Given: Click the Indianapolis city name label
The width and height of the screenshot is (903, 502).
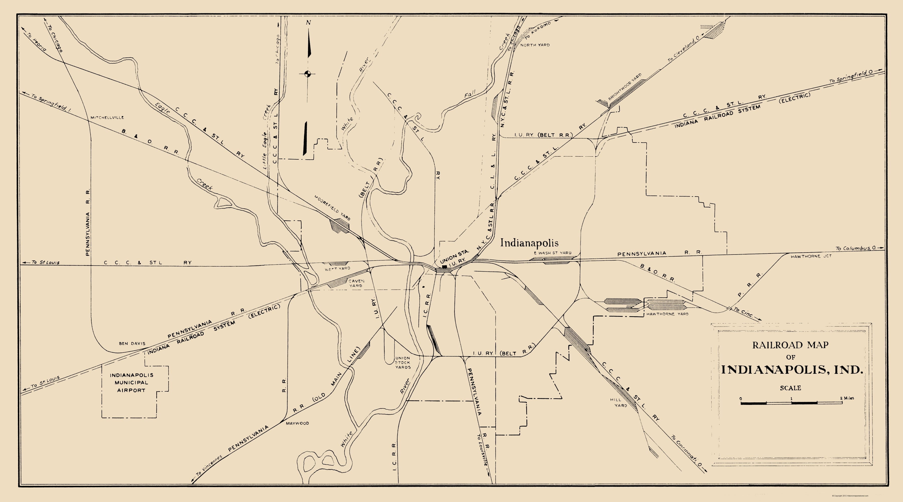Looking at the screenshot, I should pyautogui.click(x=529, y=243).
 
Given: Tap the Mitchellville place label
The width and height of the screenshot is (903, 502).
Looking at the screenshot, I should pyautogui.click(x=107, y=117).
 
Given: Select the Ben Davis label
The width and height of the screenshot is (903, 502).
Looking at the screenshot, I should pyautogui.click(x=132, y=343).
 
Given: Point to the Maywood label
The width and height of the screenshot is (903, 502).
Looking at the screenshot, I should pyautogui.click(x=297, y=423).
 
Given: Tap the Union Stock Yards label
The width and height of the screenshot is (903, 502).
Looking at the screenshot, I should pyautogui.click(x=402, y=363).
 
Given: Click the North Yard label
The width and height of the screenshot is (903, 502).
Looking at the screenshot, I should pyautogui.click(x=535, y=45).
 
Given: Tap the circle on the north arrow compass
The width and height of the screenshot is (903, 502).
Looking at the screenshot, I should pyautogui.click(x=308, y=74).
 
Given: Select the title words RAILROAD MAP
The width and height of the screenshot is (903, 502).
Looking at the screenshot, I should pyautogui.click(x=790, y=345).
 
